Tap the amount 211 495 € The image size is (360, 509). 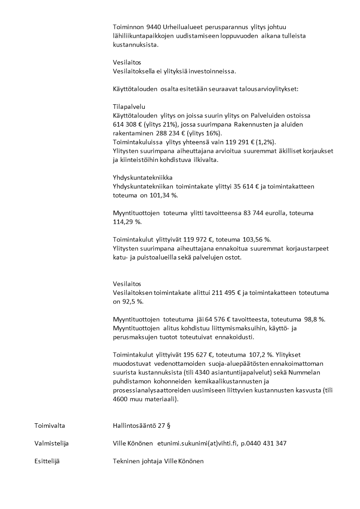point(202,293)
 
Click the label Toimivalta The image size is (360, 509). point(49,426)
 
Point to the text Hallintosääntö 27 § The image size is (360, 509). point(141,426)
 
